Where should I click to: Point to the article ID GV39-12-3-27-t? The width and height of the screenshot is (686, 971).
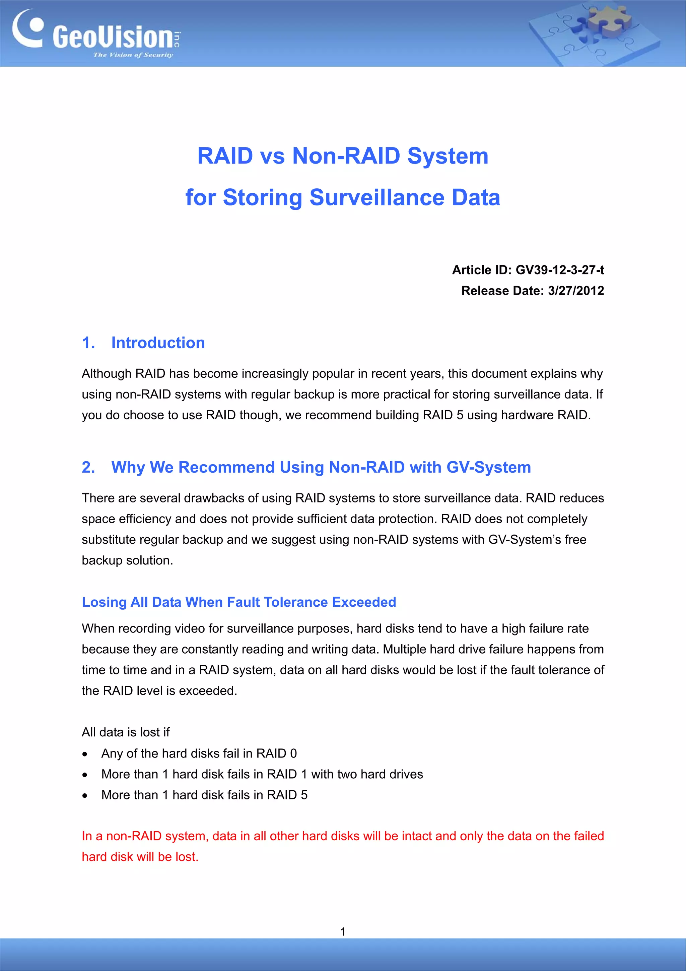[560, 270]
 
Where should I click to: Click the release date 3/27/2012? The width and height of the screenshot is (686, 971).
[576, 291]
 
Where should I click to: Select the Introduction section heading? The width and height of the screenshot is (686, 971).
[158, 343]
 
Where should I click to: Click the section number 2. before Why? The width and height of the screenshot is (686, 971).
[88, 467]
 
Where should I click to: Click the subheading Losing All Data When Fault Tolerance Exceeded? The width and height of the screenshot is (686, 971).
[239, 602]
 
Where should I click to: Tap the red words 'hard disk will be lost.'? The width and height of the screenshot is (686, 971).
[140, 856]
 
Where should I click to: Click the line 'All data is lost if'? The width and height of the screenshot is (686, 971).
[126, 732]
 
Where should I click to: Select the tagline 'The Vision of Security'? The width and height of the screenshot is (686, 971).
[133, 55]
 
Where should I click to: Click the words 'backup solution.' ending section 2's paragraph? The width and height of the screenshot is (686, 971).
[127, 560]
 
